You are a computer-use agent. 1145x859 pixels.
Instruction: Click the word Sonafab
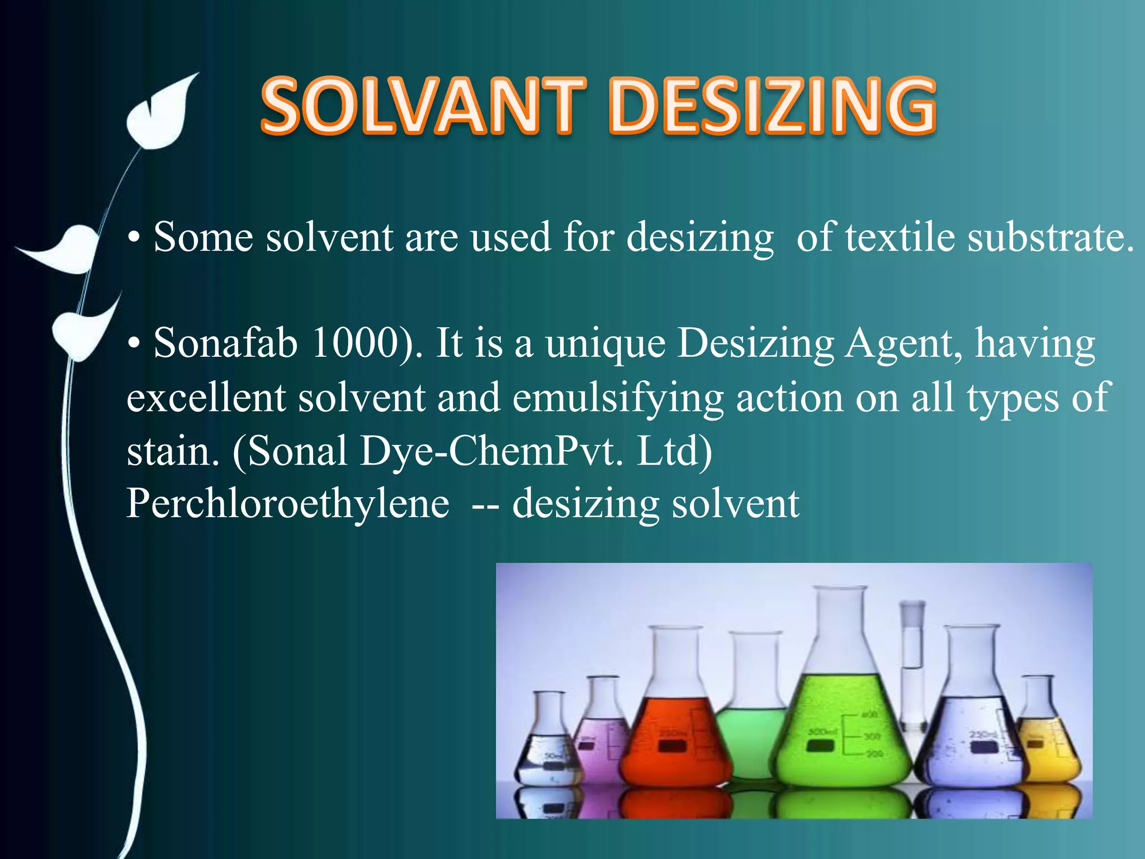point(225,343)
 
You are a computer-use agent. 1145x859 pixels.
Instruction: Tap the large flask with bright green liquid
point(844,721)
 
